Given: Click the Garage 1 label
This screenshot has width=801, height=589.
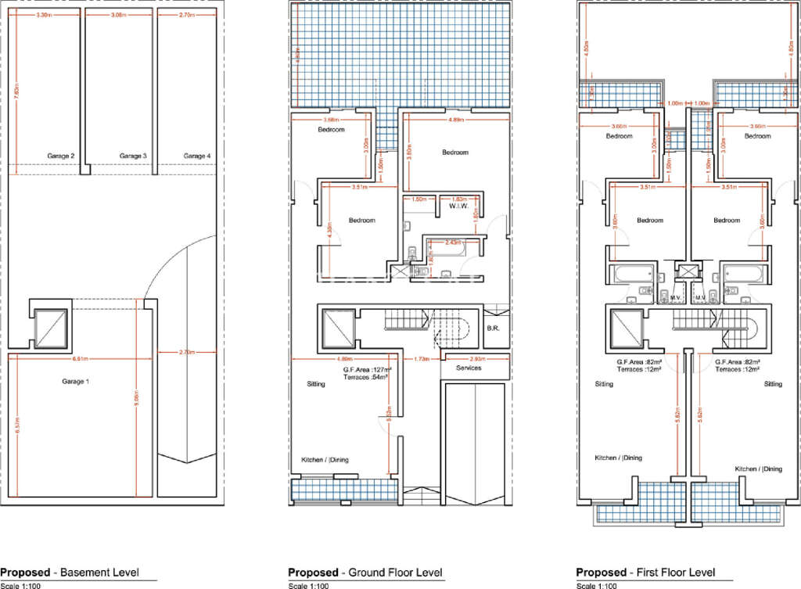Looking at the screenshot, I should pyautogui.click(x=74, y=381).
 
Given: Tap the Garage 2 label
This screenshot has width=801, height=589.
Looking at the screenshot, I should pyautogui.click(x=61, y=156).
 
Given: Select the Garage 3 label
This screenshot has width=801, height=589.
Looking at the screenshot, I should pyautogui.click(x=133, y=156).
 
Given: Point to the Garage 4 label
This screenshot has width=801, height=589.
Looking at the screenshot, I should pyautogui.click(x=196, y=156).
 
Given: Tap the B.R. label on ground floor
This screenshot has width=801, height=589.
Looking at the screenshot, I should pyautogui.click(x=493, y=329).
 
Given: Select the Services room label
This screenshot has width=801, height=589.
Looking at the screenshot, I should pyautogui.click(x=469, y=368).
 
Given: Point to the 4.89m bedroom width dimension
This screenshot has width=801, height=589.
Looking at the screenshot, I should pyautogui.click(x=457, y=121).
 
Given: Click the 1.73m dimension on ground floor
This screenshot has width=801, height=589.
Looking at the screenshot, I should pyautogui.click(x=422, y=359).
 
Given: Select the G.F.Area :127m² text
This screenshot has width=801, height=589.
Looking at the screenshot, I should pyautogui.click(x=365, y=370).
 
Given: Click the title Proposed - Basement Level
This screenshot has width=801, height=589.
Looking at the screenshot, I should pyautogui.click(x=70, y=573).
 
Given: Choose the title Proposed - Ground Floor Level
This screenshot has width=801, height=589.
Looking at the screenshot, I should pyautogui.click(x=365, y=573).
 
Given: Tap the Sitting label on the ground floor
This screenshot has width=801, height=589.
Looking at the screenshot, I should pyautogui.click(x=317, y=384).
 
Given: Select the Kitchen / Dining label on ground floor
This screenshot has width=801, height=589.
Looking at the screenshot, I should pyautogui.click(x=325, y=460).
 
